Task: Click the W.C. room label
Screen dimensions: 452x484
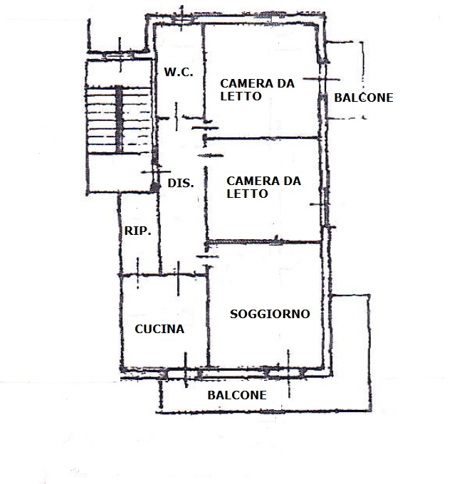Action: click(x=179, y=72)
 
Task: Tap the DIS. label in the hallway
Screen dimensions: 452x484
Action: click(x=181, y=183)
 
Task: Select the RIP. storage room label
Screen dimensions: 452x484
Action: click(x=137, y=231)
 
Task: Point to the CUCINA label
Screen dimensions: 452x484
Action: click(x=159, y=329)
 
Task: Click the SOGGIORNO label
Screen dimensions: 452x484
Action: click(x=270, y=314)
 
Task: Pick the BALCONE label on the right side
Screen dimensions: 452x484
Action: click(x=364, y=98)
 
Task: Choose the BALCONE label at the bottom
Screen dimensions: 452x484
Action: click(x=237, y=395)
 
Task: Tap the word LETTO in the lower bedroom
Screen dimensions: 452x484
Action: click(x=247, y=194)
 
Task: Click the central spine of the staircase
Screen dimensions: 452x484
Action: click(x=119, y=120)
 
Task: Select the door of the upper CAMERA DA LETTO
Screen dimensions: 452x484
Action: click(x=205, y=128)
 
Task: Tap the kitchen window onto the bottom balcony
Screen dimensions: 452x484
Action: click(x=186, y=370)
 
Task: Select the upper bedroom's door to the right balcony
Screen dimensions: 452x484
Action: click(x=322, y=79)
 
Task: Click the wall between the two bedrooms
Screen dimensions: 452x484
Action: click(x=262, y=138)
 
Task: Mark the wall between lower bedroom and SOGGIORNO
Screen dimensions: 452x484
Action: click(x=263, y=242)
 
